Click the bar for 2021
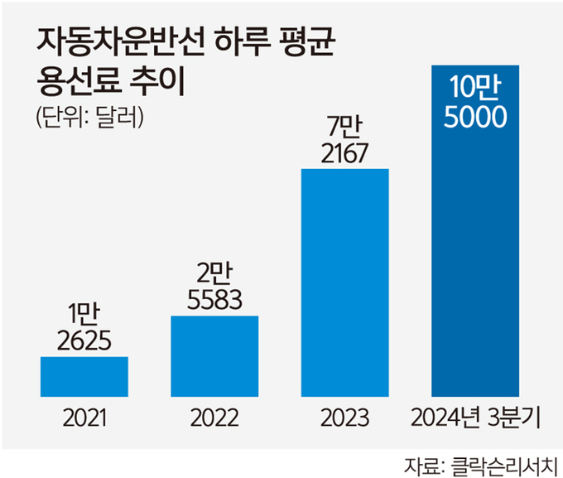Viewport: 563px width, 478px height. (x=84, y=376)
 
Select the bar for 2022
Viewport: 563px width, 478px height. (x=214, y=355)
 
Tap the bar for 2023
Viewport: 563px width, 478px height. (x=344, y=282)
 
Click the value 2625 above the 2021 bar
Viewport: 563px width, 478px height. (x=84, y=341)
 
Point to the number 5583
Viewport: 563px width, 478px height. (x=214, y=300)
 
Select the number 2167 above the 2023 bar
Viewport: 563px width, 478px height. (x=344, y=152)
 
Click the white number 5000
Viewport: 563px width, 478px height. (x=474, y=118)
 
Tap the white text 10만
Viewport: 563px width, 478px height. (x=474, y=89)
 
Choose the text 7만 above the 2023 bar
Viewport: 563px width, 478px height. (x=344, y=127)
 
